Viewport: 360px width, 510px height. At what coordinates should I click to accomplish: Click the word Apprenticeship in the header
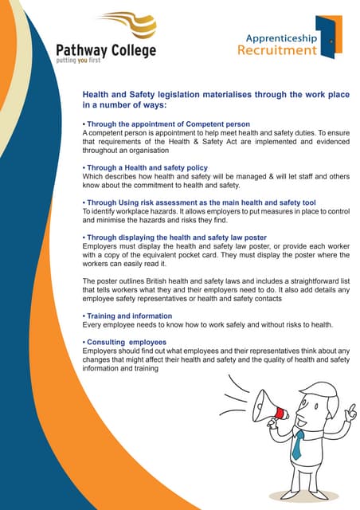[x=281, y=37]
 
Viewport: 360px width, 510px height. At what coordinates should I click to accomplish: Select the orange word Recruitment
[x=276, y=51]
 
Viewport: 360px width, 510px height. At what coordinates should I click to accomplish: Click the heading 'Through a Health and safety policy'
[x=146, y=168]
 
